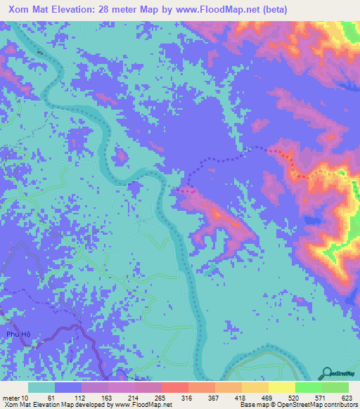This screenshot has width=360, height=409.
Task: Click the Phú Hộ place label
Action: [19, 335]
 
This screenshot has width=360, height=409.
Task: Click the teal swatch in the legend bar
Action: [41, 387]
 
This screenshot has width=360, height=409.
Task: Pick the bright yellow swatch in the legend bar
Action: [281, 387]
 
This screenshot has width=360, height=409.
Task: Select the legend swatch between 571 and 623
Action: [335, 387]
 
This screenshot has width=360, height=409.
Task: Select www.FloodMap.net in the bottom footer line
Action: [138, 405]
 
